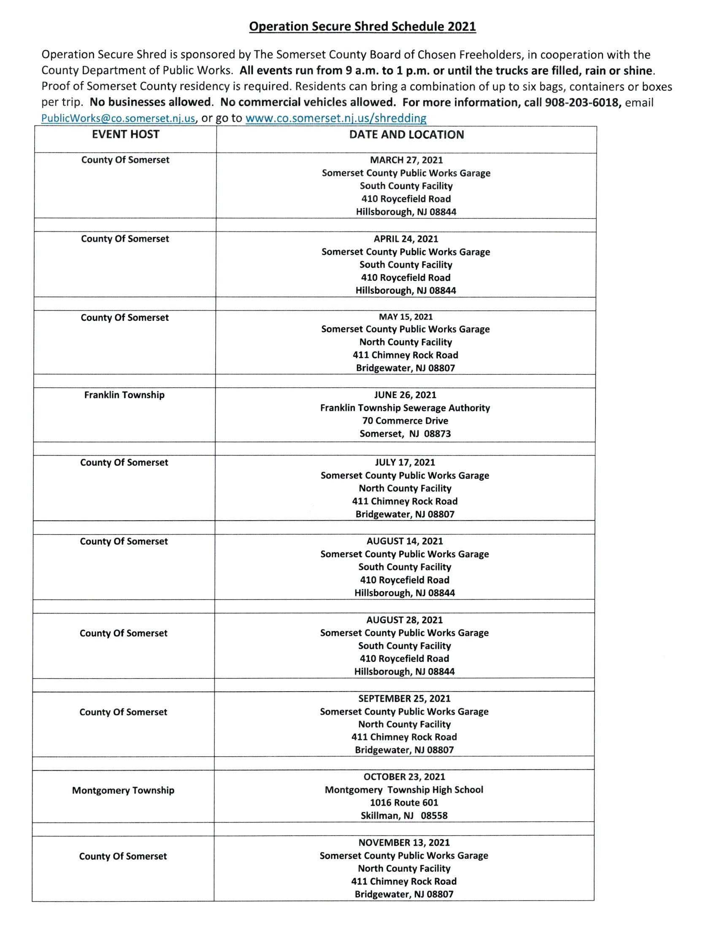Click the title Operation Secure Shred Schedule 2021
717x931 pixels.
tap(362, 27)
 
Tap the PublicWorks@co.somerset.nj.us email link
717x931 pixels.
tap(119, 118)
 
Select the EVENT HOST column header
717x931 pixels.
tap(125, 135)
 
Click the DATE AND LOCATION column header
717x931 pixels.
tap(406, 135)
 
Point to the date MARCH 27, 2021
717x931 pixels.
tap(406, 160)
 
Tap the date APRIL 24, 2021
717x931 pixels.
tap(406, 239)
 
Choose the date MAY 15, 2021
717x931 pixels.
tap(406, 317)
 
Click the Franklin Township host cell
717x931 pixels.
tap(124, 395)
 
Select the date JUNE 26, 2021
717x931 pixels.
tap(405, 395)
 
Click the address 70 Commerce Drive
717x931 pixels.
tap(405, 421)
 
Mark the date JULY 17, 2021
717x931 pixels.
tap(405, 462)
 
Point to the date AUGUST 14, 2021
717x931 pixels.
tap(405, 541)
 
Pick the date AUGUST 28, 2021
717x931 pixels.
tap(405, 620)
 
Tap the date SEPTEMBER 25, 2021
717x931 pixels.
tap(404, 699)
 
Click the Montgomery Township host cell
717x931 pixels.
tap(123, 790)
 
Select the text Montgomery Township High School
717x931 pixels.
tap(404, 790)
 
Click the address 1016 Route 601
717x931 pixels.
tap(404, 803)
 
